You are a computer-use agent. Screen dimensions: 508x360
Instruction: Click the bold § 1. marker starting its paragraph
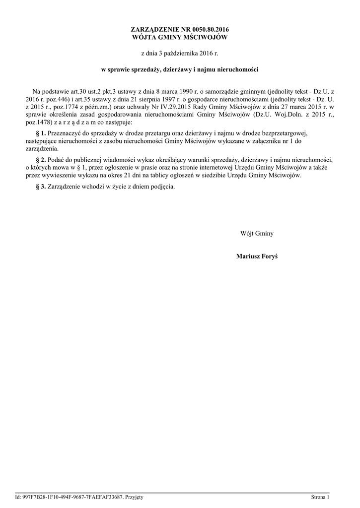pyautogui.click(x=41, y=134)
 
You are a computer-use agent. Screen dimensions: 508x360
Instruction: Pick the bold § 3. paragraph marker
pyautogui.click(x=41, y=187)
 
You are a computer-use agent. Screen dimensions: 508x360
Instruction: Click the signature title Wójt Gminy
pyautogui.click(x=257, y=233)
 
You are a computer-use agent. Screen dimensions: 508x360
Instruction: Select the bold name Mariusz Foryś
pyautogui.click(x=257, y=256)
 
